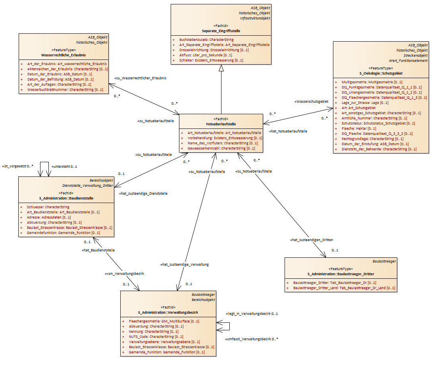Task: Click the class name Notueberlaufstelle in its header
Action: click(221, 124)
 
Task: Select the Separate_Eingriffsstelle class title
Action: click(221, 31)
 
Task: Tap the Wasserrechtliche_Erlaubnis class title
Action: click(64, 55)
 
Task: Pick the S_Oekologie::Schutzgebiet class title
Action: click(381, 73)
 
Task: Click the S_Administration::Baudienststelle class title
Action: click(66, 198)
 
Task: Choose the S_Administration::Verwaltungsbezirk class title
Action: click(168, 312)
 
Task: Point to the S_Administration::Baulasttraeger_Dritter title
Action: click(341, 274)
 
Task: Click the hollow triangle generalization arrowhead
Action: click(221, 68)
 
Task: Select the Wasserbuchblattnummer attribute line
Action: click(65, 90)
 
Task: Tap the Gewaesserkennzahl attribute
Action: click(221, 148)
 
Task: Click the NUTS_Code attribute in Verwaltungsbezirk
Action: click(156, 337)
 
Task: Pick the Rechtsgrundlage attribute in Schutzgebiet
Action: click(373, 139)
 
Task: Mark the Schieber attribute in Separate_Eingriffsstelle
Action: click(211, 60)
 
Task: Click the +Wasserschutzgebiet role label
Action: click(311, 102)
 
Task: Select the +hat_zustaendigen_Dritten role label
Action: click(312, 240)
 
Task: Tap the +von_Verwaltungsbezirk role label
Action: click(124, 274)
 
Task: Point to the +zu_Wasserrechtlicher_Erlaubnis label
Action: click(140, 78)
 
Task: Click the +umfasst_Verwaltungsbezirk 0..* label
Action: click(252, 339)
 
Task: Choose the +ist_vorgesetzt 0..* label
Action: click(17, 166)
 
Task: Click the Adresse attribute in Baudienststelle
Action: click(49, 217)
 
